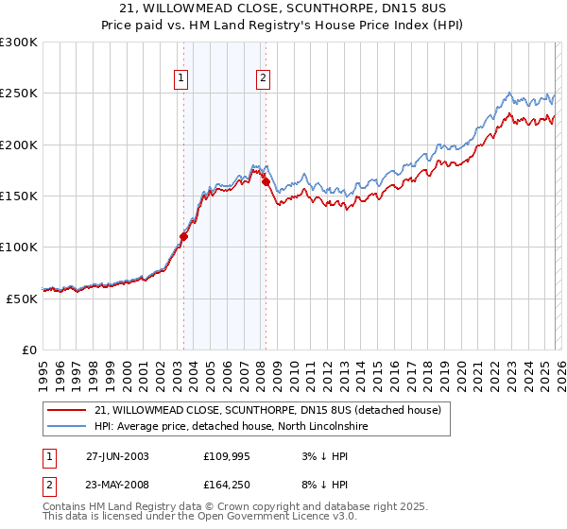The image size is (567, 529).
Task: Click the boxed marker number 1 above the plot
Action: click(180, 79)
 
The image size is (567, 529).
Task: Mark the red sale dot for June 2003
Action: click(184, 237)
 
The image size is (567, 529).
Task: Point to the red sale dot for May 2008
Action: click(266, 181)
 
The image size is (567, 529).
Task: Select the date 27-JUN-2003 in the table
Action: click(117, 456)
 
